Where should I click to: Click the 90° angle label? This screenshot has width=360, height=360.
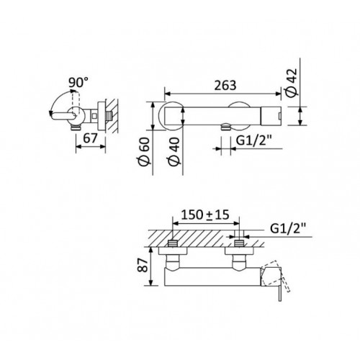coord(78,83)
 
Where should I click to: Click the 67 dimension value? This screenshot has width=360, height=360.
coord(91,138)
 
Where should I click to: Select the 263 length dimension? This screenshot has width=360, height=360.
coord(225,86)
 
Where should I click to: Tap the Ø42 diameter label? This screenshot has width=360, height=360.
coord(292,83)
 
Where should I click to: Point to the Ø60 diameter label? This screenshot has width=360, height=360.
coord(145,152)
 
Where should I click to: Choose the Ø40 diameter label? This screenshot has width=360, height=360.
coord(174,152)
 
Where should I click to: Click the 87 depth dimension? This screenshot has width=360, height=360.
coord(143,265)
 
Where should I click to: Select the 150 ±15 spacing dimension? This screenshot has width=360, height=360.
coord(205,215)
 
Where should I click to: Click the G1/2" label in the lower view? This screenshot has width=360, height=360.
coord(288,228)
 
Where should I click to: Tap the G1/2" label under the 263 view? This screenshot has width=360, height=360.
coord(254,140)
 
